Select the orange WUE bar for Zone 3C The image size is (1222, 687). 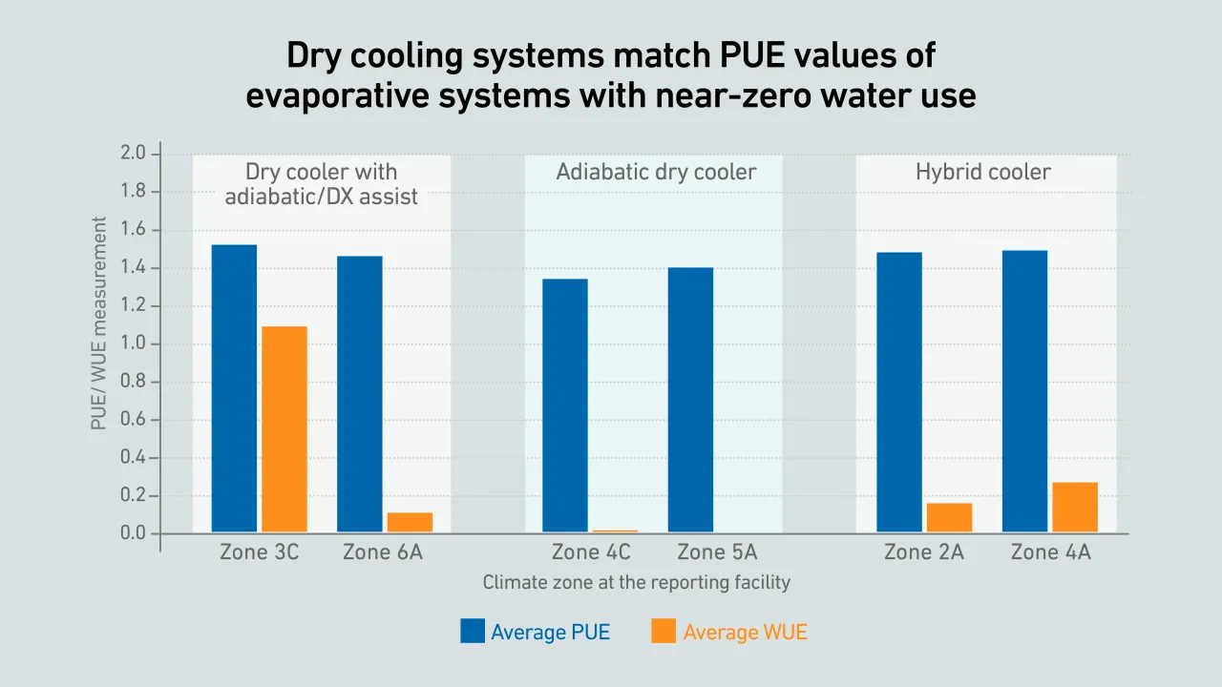284,429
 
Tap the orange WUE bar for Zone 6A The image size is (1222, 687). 410,523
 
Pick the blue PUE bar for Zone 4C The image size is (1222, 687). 565,406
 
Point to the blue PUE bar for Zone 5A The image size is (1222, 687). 690,400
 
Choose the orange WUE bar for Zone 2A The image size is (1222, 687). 949,518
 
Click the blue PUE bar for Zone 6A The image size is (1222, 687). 360,394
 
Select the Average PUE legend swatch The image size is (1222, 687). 473,631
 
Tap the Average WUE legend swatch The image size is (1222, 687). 664,631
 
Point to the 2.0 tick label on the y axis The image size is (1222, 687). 134,154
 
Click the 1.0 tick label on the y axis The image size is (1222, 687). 134,343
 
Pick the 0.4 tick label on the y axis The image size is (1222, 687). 134,458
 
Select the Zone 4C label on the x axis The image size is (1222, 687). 591,552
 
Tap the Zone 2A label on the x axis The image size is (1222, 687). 923,552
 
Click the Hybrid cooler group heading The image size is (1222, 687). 982,173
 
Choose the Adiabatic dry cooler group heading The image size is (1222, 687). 656,173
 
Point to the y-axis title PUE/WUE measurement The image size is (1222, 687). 99,323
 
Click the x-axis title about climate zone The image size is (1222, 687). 636,582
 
